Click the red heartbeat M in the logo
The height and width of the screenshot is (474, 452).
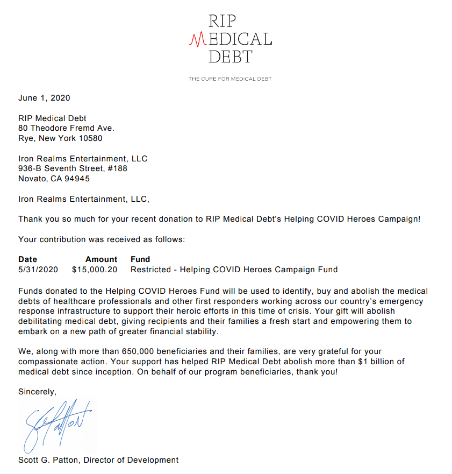(x=199, y=39)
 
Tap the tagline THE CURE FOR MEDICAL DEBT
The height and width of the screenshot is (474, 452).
(x=230, y=79)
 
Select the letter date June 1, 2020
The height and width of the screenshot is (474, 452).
(x=44, y=98)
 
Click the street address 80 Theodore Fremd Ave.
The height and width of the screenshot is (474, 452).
(x=66, y=128)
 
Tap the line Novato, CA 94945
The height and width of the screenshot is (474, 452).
(x=54, y=179)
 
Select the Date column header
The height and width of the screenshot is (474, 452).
(x=27, y=259)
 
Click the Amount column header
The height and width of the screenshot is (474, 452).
(x=101, y=259)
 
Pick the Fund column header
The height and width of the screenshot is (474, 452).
(x=140, y=259)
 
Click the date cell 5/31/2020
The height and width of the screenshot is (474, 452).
(x=38, y=269)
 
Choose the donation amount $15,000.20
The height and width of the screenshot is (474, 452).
(x=94, y=269)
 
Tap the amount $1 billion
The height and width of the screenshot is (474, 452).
(x=374, y=362)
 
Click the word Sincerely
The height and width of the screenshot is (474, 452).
(x=37, y=392)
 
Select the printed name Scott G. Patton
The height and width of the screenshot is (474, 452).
(x=48, y=460)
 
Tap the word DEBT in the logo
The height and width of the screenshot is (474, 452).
(x=230, y=55)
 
